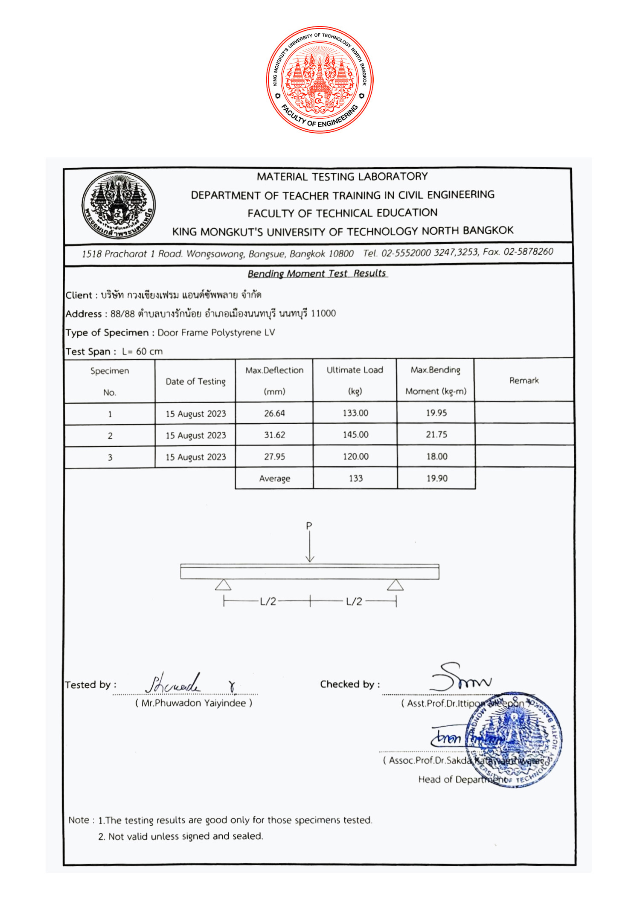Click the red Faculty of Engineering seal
[x=320, y=80]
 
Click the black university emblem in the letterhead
[x=119, y=205]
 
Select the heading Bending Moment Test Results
[x=317, y=274]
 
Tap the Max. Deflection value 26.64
[x=274, y=413]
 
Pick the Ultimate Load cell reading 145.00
[x=355, y=435]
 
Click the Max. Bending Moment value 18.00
[x=437, y=457]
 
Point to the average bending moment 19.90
[x=437, y=478]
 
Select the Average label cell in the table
[x=274, y=479]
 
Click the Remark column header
[x=524, y=381]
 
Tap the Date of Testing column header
[x=195, y=381]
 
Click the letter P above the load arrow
[x=309, y=526]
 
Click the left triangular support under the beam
[x=223, y=585]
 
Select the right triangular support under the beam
[x=396, y=585]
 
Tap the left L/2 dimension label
[x=268, y=602]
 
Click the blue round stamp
[x=514, y=739]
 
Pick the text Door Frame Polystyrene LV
[x=216, y=333]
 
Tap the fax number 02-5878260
[x=528, y=252]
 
